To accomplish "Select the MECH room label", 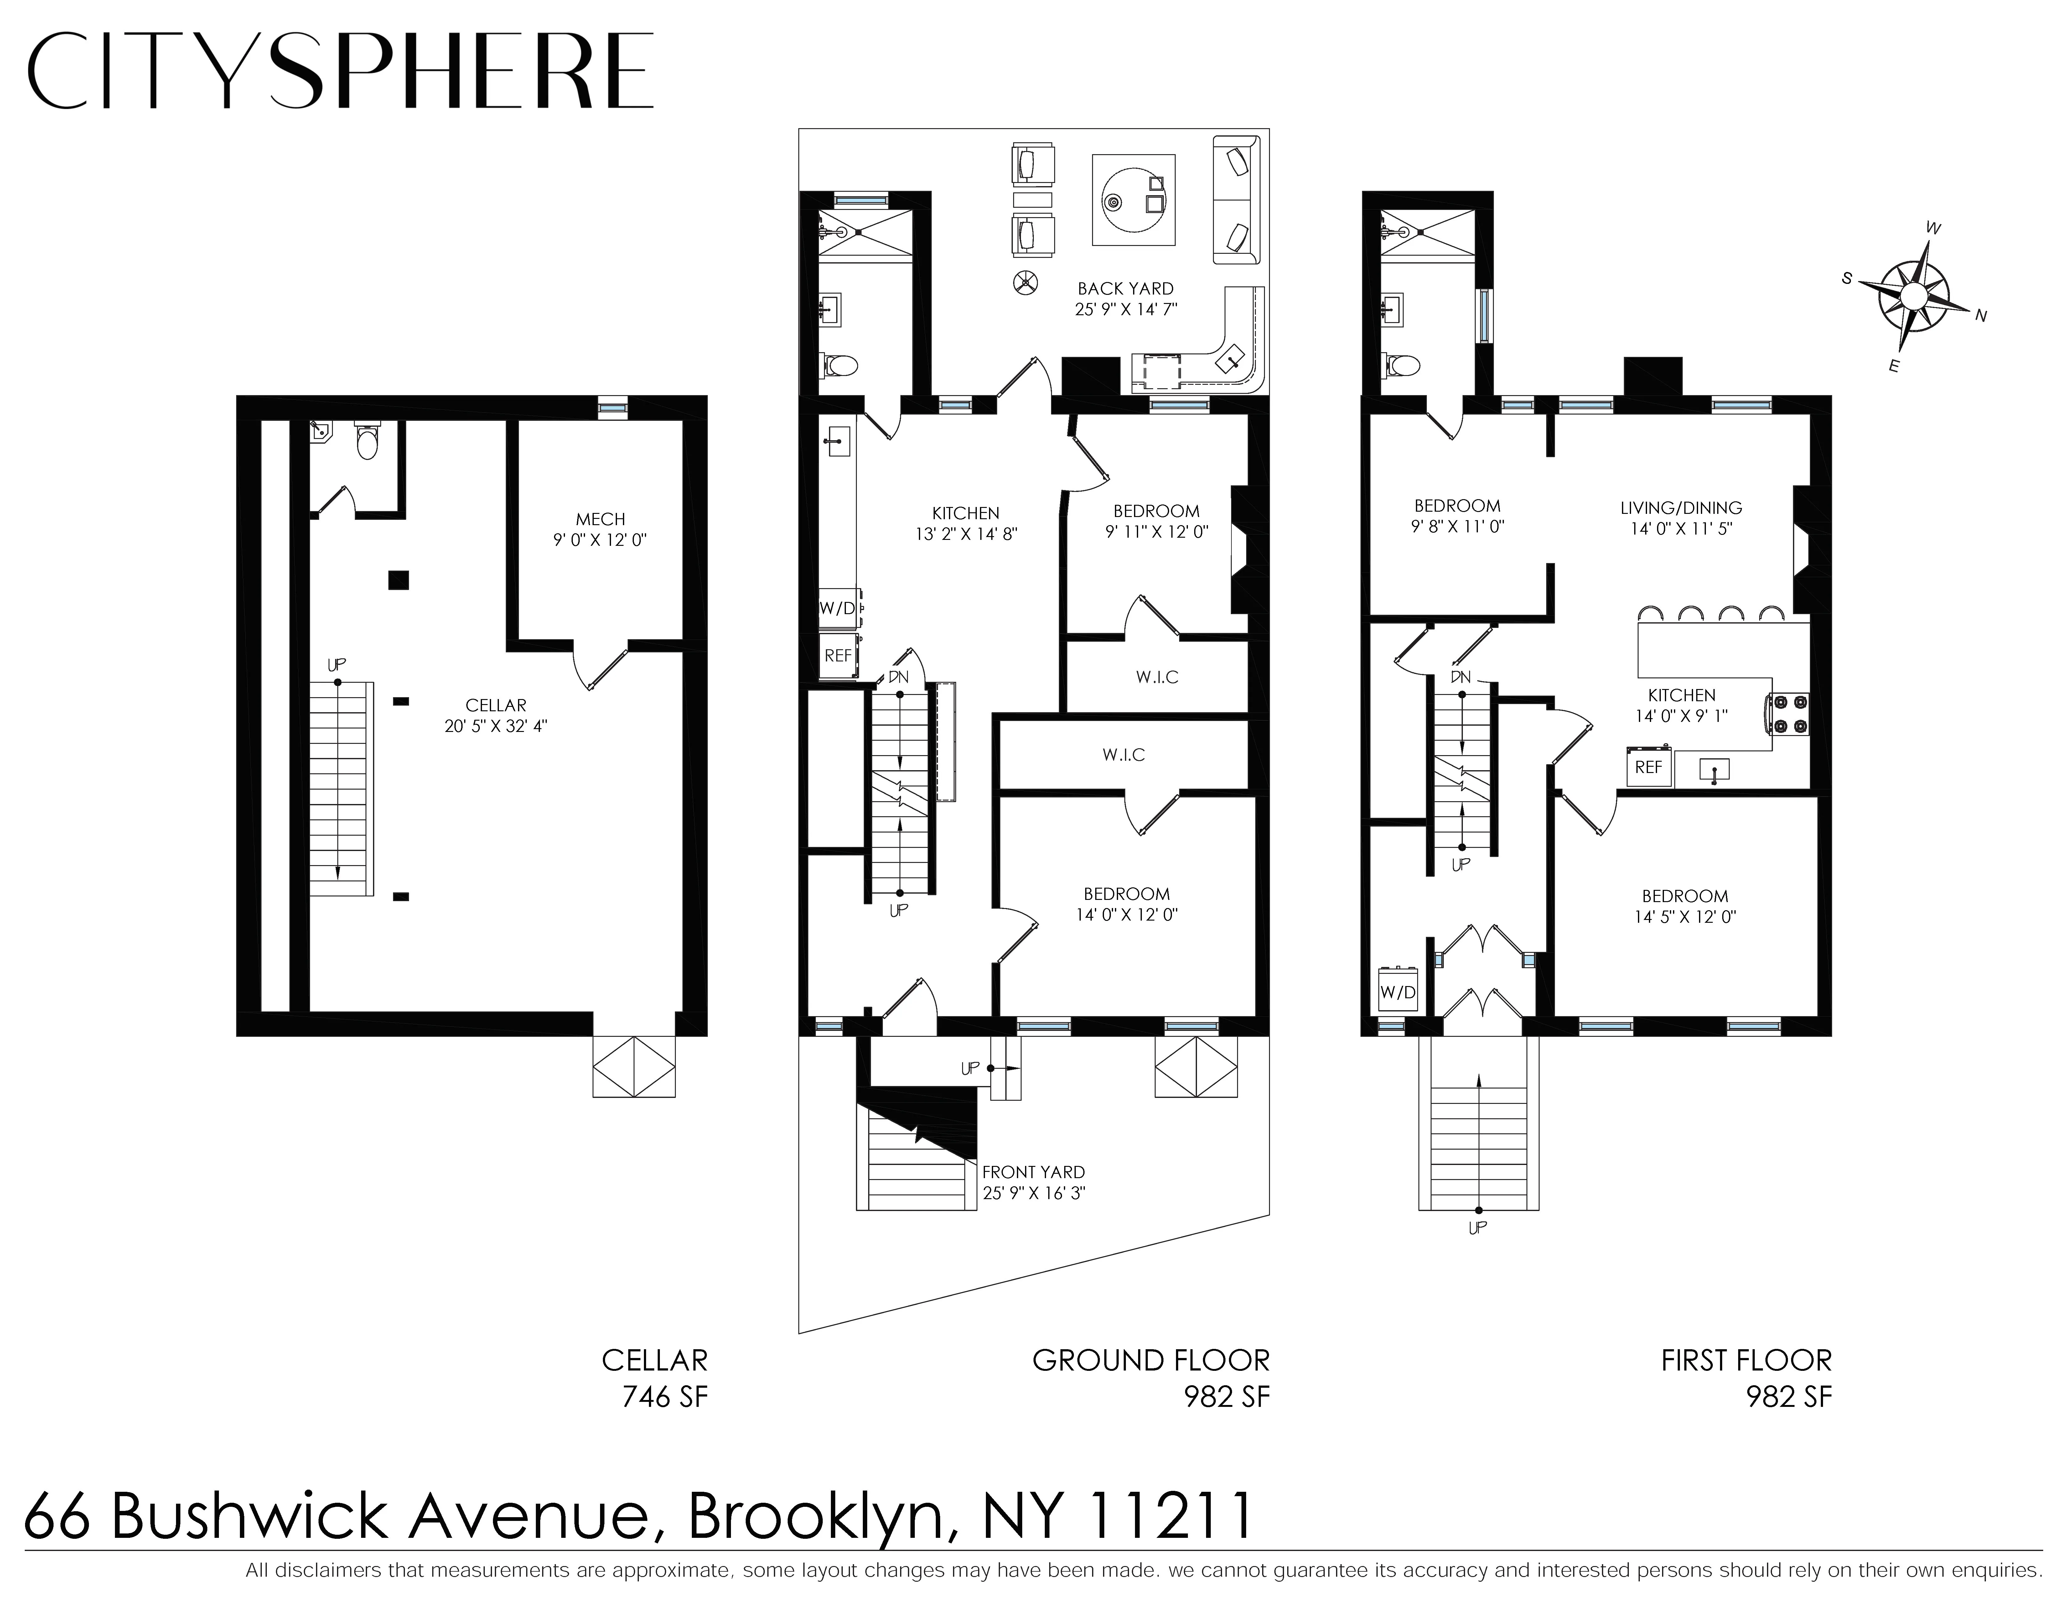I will coord(600,520).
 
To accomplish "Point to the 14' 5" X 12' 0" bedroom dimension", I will coord(1685,916).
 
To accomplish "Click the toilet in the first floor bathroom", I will coord(1405,364).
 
